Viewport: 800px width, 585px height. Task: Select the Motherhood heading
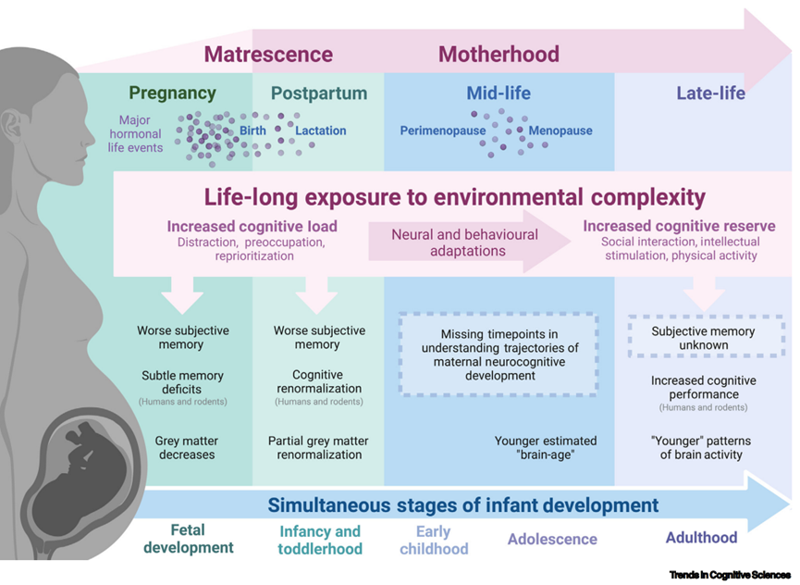tap(498, 54)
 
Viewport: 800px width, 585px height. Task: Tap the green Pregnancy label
tap(172, 93)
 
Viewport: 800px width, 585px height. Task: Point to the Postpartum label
tap(319, 93)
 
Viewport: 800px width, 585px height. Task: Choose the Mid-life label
tap(498, 93)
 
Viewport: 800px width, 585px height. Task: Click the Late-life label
tap(710, 93)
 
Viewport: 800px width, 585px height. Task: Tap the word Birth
tap(252, 131)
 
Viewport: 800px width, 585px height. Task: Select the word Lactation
tap(321, 131)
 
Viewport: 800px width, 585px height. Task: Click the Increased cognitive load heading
tap(252, 226)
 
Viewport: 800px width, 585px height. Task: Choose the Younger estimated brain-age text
tap(546, 448)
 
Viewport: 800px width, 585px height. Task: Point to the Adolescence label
tap(552, 539)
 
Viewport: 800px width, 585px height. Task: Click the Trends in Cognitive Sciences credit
tap(730, 575)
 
